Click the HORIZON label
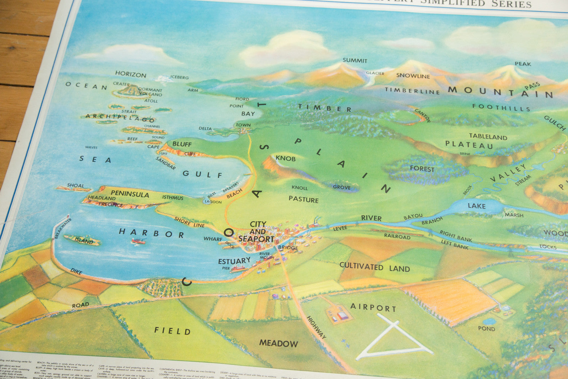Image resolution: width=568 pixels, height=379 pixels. coord(130,74)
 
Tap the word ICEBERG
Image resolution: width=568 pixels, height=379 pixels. coord(179,77)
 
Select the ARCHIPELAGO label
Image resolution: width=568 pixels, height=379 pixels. coord(120,118)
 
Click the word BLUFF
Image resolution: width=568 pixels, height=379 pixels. coord(182,144)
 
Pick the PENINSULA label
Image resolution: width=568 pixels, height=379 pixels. coord(130,194)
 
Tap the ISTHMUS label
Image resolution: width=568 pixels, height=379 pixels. coord(173,197)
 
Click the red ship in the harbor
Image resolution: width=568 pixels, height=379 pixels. coord(138,242)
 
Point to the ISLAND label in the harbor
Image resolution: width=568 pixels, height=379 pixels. coord(84,241)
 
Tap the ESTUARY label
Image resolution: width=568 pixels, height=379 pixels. coord(234,261)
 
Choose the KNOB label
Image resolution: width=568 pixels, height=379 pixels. coord(285,158)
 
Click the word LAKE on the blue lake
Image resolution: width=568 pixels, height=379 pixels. coord(476,206)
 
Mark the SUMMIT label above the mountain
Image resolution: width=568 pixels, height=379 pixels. coord(355,60)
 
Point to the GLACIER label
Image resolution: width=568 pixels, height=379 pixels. coord(375,73)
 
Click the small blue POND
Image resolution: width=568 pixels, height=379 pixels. coord(489,321)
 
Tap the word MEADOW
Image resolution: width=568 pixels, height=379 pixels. coord(278,343)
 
